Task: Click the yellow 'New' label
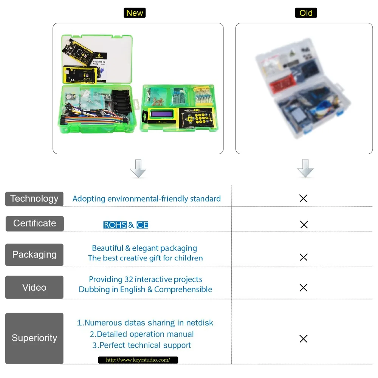(x=135, y=13)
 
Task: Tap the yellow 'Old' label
(x=306, y=13)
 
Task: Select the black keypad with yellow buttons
(x=196, y=117)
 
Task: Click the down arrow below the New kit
(x=138, y=169)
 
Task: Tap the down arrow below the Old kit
(x=305, y=169)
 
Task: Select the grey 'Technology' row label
(x=34, y=199)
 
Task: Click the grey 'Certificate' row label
(x=34, y=223)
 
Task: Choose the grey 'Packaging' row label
(x=34, y=254)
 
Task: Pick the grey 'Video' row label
(x=34, y=287)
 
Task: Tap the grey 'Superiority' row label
(x=34, y=338)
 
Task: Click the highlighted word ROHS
(x=115, y=225)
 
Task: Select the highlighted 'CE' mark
(x=143, y=225)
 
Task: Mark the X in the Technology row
(x=303, y=198)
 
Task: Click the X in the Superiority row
(x=303, y=339)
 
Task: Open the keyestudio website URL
(x=138, y=360)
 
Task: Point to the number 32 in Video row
(x=129, y=279)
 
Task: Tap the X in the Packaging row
(x=303, y=257)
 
